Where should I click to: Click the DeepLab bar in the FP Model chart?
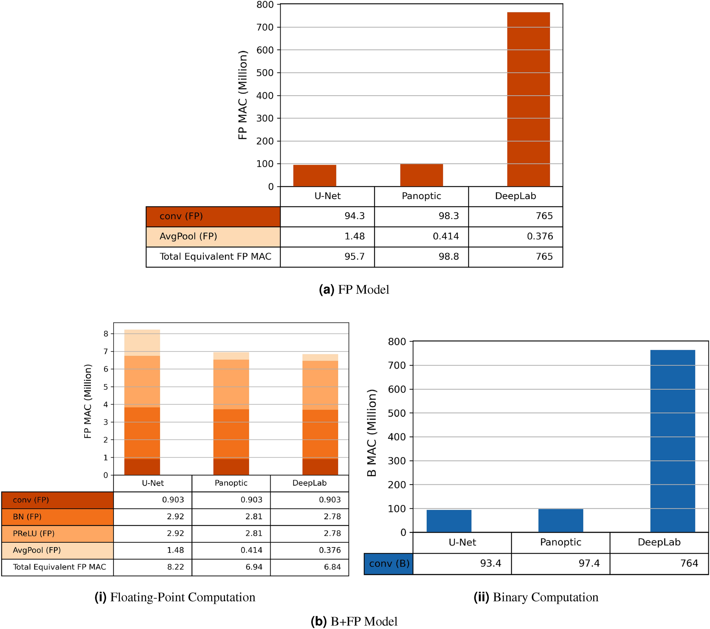[x=528, y=99]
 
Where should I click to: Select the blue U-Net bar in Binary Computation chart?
[x=449, y=521]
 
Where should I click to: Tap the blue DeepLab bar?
[x=672, y=441]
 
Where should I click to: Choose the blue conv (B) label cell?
[x=389, y=564]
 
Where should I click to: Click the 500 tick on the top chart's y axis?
[x=265, y=73]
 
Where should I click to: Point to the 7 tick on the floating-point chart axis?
[x=106, y=351]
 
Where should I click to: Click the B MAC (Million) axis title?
[x=371, y=433]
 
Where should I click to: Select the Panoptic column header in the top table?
[x=421, y=196]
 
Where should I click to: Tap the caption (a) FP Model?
[x=354, y=290]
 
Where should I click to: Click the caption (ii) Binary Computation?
[x=536, y=597]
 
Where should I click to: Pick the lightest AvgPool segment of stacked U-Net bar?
[x=142, y=342]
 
